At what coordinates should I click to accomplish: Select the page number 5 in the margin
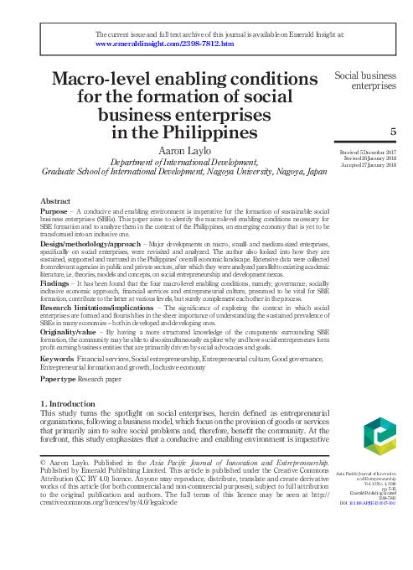(x=394, y=132)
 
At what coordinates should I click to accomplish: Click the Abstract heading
(x=55, y=201)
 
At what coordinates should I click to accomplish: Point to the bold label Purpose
(x=55, y=212)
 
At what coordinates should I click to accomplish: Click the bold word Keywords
(x=57, y=358)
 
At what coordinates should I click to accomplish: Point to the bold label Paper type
(x=59, y=378)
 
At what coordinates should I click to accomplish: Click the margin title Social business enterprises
(x=365, y=80)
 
